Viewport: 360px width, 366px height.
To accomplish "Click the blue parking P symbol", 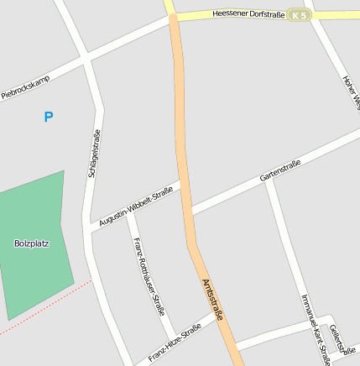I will tap(48, 117).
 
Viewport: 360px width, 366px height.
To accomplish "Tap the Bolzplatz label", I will tap(31, 244).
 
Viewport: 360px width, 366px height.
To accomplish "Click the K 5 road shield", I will tap(298, 15).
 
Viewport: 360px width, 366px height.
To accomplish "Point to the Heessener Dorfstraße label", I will tap(248, 14).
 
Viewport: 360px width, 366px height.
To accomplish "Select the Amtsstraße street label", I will tap(212, 301).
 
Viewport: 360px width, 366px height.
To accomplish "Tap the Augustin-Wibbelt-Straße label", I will tap(135, 207).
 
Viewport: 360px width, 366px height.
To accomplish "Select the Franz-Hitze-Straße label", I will tap(174, 344).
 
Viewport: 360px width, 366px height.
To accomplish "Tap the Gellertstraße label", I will tap(338, 339).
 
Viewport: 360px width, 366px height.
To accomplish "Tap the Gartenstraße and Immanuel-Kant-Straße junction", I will tap(269, 179).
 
